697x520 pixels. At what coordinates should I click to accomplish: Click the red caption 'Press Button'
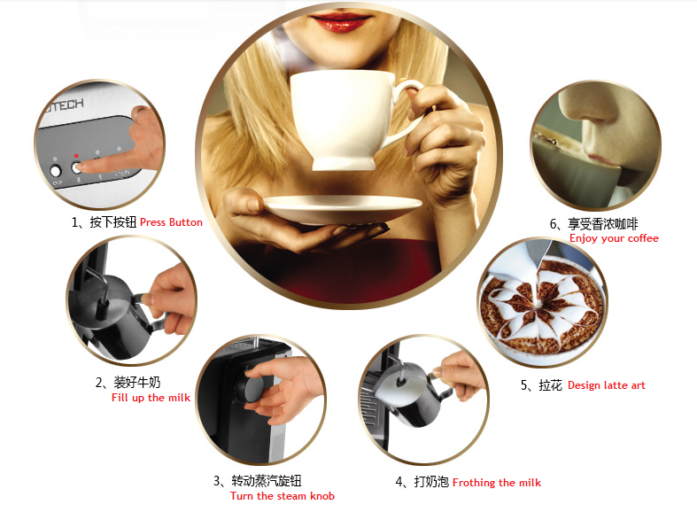(171, 222)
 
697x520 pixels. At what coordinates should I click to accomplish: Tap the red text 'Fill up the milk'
(151, 398)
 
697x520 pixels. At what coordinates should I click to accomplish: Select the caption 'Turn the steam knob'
(283, 496)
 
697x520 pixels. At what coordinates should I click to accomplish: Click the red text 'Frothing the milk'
(497, 483)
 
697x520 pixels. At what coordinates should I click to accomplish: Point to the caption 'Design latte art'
(607, 385)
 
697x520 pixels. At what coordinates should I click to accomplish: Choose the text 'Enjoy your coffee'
(614, 238)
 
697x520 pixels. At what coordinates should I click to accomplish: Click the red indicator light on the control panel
(76, 156)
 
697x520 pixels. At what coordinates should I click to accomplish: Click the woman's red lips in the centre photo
(340, 21)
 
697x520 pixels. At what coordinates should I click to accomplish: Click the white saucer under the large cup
(342, 209)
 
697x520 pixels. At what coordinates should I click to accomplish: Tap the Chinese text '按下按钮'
(112, 222)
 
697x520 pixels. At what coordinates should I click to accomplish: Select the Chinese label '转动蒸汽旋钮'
(267, 481)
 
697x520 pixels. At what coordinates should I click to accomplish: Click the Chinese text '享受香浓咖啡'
(603, 223)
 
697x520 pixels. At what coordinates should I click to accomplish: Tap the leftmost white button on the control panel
(56, 171)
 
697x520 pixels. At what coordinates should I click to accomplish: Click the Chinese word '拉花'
(550, 385)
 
